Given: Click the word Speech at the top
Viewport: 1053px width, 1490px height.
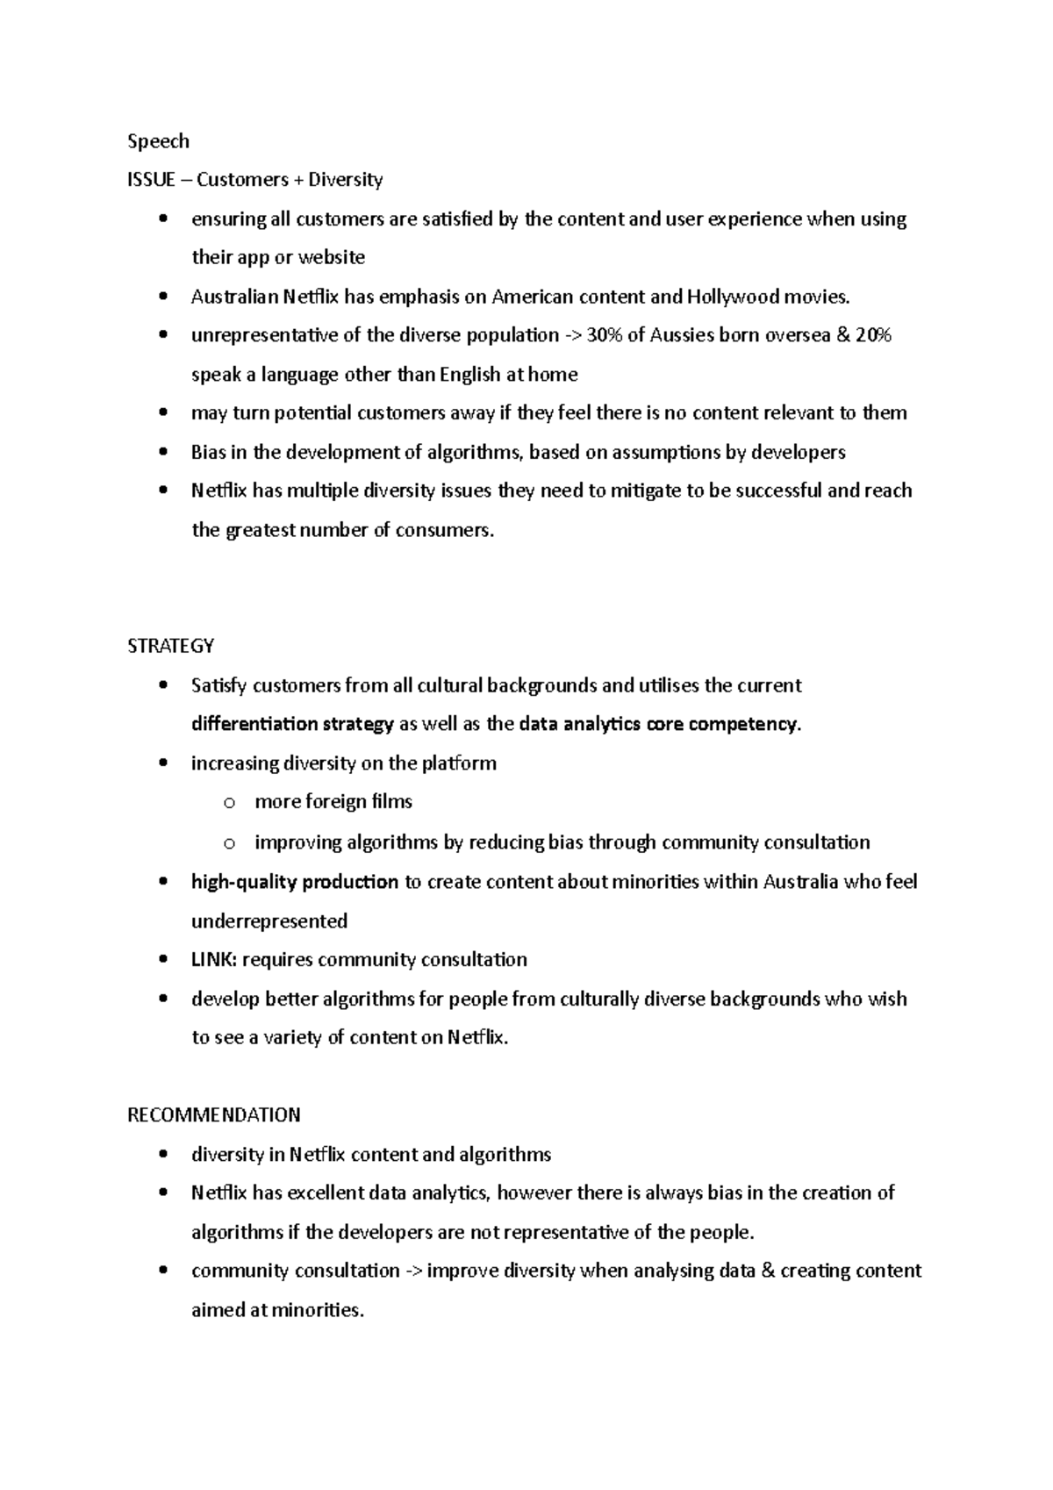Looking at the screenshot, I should pyautogui.click(x=158, y=141).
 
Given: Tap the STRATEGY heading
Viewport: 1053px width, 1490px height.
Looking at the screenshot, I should pyautogui.click(x=170, y=647).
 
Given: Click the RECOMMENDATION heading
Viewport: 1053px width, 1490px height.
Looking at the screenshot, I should pyautogui.click(x=213, y=1115).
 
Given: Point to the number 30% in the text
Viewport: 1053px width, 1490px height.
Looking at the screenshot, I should pyautogui.click(x=605, y=335).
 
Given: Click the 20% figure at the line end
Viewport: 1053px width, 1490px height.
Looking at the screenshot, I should pyautogui.click(x=874, y=335).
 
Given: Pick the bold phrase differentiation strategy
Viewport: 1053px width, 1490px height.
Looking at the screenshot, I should pyautogui.click(x=292, y=725).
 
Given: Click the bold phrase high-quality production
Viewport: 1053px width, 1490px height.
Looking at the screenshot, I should pyautogui.click(x=295, y=882).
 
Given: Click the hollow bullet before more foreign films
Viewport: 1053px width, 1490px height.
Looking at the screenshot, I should pyautogui.click(x=229, y=803).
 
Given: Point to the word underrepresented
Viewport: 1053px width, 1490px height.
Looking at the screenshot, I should pyautogui.click(x=269, y=921).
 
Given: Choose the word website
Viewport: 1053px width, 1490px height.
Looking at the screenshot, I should pyautogui.click(x=332, y=258).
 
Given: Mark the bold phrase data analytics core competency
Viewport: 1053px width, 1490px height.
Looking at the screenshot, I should pyautogui.click(x=659, y=725).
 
